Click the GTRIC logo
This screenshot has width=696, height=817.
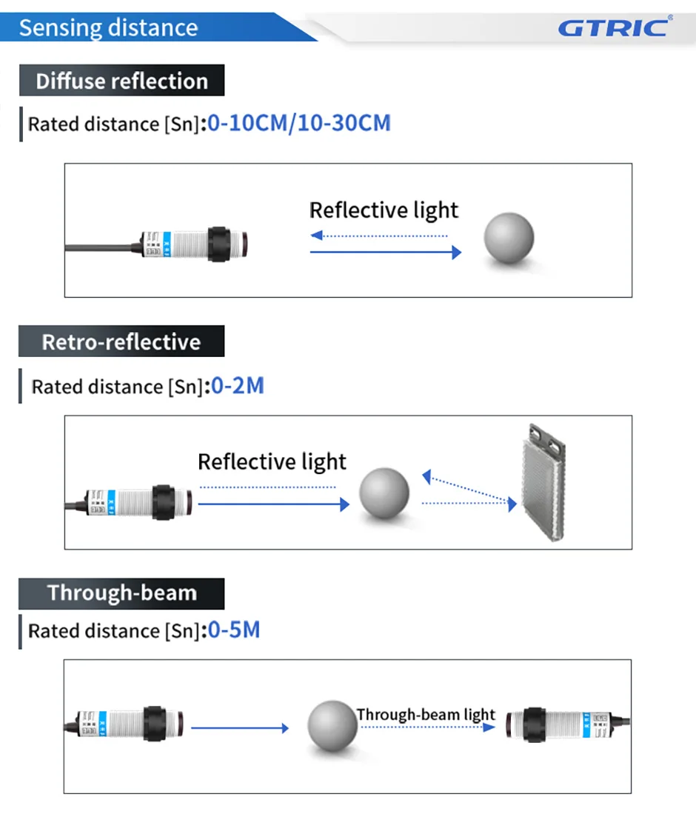(x=614, y=27)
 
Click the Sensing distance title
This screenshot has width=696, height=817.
(x=108, y=28)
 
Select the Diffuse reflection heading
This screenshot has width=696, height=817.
(x=121, y=81)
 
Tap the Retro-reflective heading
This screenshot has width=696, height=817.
(x=121, y=341)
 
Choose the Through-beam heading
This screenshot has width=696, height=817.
(x=121, y=593)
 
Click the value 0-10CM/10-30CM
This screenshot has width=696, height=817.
(x=299, y=123)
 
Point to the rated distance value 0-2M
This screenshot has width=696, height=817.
(x=238, y=386)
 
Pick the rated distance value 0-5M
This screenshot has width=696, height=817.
(x=234, y=630)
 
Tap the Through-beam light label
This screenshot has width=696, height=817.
(x=425, y=715)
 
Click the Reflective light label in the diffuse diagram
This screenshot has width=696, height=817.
(x=384, y=210)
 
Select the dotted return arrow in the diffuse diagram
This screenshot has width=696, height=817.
(x=379, y=236)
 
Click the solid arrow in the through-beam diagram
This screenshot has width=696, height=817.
(x=240, y=728)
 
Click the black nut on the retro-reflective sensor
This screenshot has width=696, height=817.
(x=163, y=503)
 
